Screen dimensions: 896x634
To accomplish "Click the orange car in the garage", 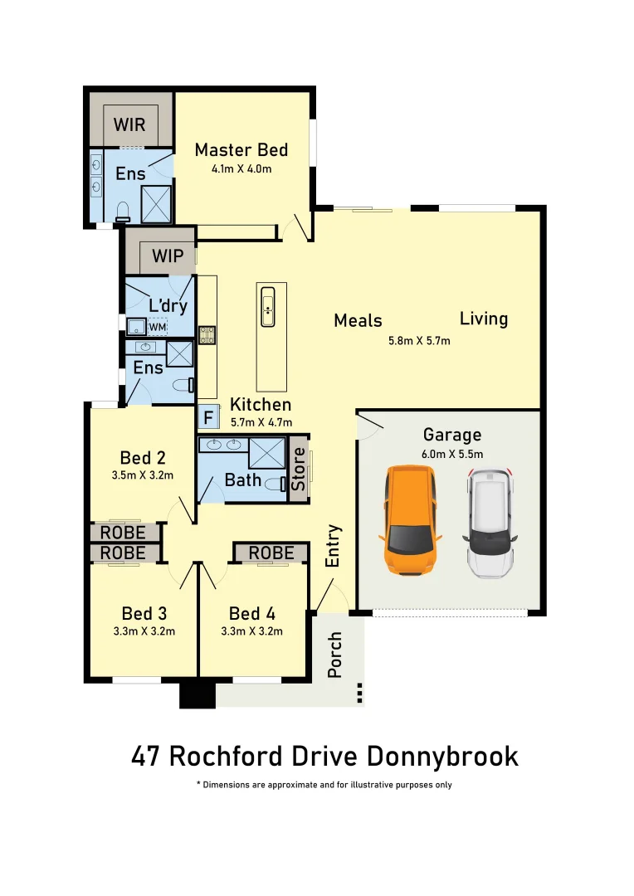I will (x=409, y=521).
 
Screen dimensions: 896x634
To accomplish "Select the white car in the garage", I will (x=490, y=523).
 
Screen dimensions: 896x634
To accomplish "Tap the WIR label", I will (x=129, y=124).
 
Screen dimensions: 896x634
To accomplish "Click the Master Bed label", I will (x=241, y=149).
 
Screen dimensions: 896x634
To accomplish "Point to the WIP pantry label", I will (x=168, y=256).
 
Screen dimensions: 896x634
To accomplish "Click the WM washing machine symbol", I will (x=158, y=327).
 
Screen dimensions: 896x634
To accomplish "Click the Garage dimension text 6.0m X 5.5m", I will (x=452, y=454).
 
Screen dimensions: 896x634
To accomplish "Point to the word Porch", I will (x=335, y=655).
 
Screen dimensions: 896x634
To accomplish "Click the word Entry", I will (x=333, y=545).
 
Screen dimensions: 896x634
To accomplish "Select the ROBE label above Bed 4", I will (x=271, y=553).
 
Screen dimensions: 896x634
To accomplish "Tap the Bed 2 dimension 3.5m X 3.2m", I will (x=143, y=476).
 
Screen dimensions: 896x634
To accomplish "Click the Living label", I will (x=484, y=319).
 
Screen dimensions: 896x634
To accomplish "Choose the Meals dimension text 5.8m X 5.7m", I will (x=420, y=340).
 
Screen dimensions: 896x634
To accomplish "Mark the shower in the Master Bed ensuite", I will (x=157, y=204).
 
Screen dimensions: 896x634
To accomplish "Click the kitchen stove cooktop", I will (x=207, y=335).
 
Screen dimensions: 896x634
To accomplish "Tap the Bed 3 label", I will (x=144, y=613).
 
